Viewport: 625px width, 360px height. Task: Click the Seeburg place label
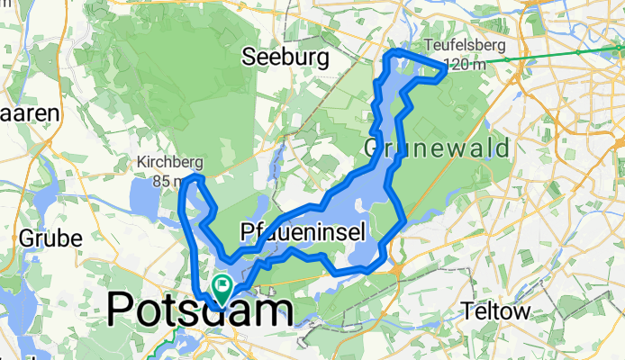(x=284, y=58)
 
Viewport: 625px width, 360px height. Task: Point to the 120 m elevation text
(x=463, y=64)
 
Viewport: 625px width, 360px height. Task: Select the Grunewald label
(x=438, y=147)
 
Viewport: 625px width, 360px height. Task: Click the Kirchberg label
(x=167, y=163)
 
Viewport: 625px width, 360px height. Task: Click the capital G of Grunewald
(x=375, y=147)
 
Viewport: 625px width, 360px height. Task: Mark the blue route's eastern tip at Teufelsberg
(x=444, y=67)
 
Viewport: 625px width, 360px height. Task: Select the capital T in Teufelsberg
(x=428, y=47)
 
